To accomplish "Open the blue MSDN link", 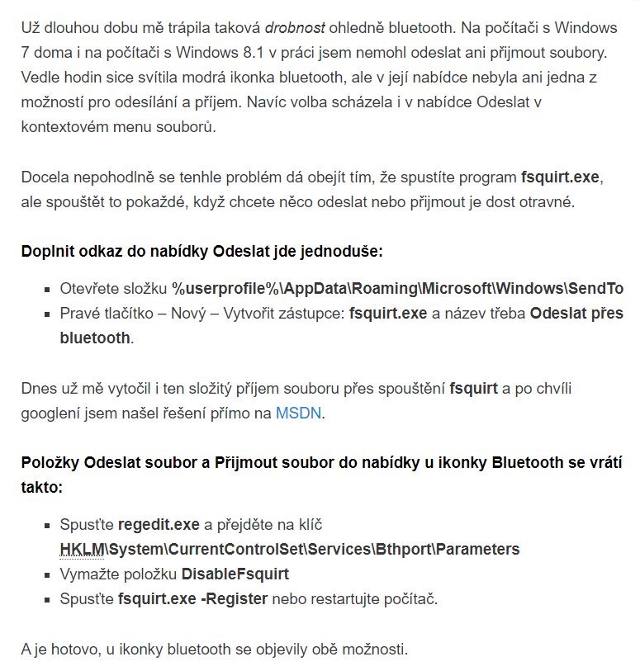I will (x=299, y=413).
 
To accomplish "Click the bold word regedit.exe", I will (x=159, y=524).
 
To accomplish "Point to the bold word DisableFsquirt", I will (x=235, y=574).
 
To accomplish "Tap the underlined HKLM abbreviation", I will (x=81, y=549).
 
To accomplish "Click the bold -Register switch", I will (x=234, y=598).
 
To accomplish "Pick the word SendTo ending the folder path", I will (x=595, y=288).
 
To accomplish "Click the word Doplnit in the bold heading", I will (x=48, y=250).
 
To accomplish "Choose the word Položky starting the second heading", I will (x=50, y=462).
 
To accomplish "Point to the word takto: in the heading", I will (x=41, y=487).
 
